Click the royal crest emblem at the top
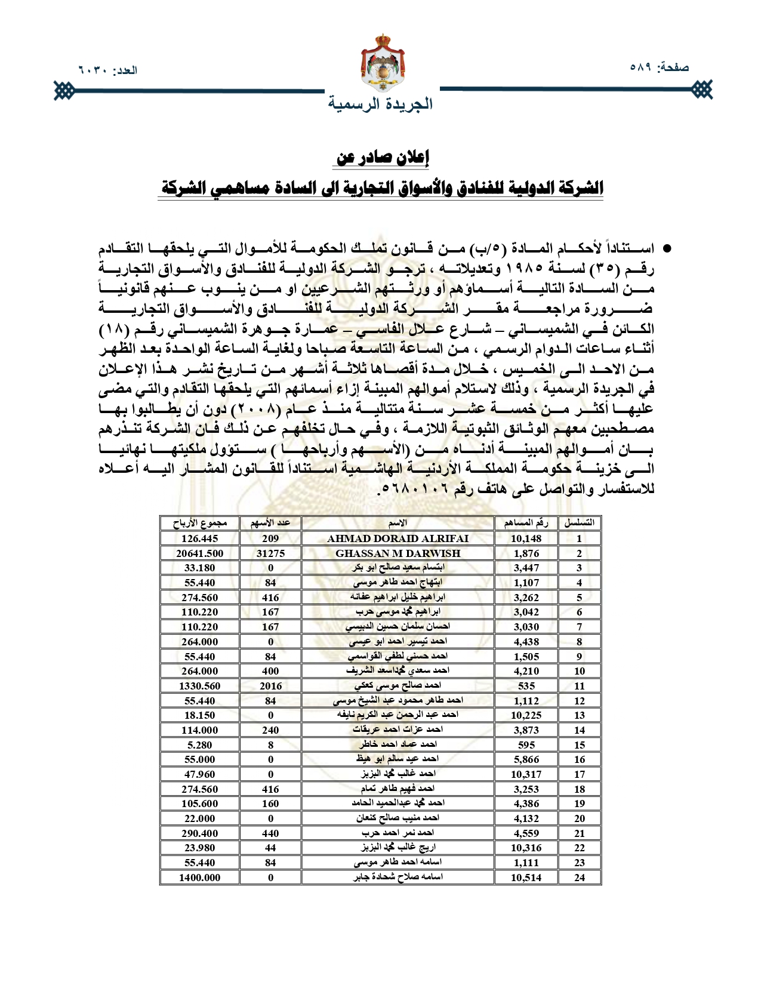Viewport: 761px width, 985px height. pyautogui.click(x=383, y=63)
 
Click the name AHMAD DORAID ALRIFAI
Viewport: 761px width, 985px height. pyautogui.click(x=398, y=538)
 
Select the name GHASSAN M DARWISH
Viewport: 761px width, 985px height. pyautogui.click(x=398, y=553)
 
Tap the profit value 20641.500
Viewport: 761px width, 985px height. pyautogui.click(x=199, y=553)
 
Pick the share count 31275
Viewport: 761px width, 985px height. pyautogui.click(x=270, y=553)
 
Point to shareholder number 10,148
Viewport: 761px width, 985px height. pyautogui.click(x=526, y=538)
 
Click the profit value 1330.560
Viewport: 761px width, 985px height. pyautogui.click(x=199, y=686)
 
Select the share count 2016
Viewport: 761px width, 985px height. pyautogui.click(x=270, y=686)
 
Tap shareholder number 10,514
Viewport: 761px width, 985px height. pyautogui.click(x=526, y=878)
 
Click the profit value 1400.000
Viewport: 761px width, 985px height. pyautogui.click(x=199, y=878)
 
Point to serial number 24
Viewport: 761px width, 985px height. pyautogui.click(x=579, y=878)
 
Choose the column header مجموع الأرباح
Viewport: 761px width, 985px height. pyautogui.click(x=199, y=524)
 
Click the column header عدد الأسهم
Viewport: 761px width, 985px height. pyautogui.click(x=270, y=524)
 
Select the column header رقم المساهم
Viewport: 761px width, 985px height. pyautogui.click(x=526, y=524)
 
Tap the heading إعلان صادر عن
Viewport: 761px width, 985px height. pyautogui.click(x=383, y=158)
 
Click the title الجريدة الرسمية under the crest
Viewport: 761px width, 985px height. pyautogui.click(x=381, y=104)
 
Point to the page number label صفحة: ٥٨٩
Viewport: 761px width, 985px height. pyautogui.click(x=659, y=67)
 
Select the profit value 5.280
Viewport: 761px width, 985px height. pyautogui.click(x=199, y=745)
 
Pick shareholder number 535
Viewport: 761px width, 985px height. pyautogui.click(x=526, y=686)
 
